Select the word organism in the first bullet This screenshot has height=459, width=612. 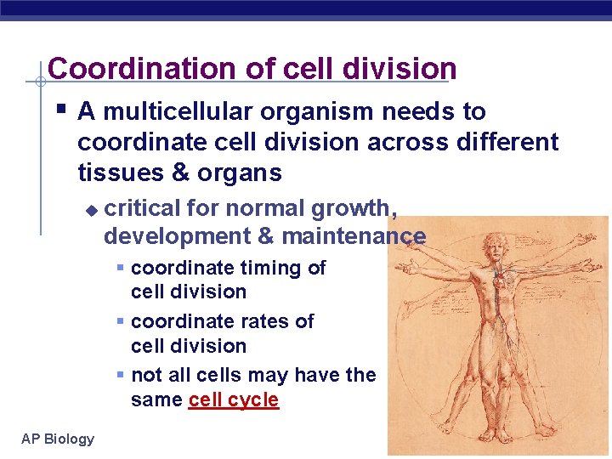coord(306,112)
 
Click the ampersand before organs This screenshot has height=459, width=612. coord(180,173)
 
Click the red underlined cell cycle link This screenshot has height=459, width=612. coord(234,399)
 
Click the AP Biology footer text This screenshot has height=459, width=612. coord(58,439)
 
